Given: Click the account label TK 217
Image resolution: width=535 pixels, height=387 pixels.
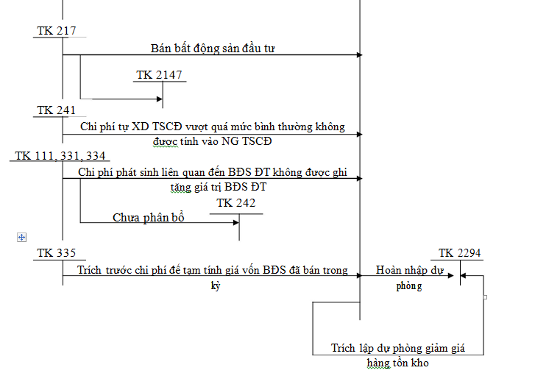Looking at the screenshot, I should pos(55,31).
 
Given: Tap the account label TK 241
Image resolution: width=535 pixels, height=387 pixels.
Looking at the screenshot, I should pos(56,110).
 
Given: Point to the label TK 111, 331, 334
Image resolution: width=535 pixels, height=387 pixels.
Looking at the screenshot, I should pos(60,156).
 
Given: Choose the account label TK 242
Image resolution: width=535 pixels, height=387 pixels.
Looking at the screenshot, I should pos(236,202).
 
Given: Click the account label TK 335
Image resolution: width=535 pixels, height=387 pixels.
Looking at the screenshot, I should pos(56,253).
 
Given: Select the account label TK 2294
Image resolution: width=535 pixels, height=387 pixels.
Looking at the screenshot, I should pos(460,253).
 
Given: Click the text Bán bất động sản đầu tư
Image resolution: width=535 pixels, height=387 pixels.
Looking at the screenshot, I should pos(213,49).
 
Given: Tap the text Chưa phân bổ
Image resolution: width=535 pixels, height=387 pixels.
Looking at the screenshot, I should pos(148,218).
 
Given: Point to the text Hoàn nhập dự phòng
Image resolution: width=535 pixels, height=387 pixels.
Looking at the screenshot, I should pos(409,277).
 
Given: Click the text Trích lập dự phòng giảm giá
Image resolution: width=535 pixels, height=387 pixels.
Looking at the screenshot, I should pos(397,348).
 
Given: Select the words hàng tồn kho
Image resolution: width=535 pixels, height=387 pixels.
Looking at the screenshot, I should pos(397,363).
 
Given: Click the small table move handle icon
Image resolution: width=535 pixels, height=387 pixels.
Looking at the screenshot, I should pos(21,237).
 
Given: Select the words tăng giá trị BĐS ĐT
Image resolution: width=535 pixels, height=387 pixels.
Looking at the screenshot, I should pos(217,187).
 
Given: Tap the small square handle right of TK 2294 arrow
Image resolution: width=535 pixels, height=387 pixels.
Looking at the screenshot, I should pos(485,297).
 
